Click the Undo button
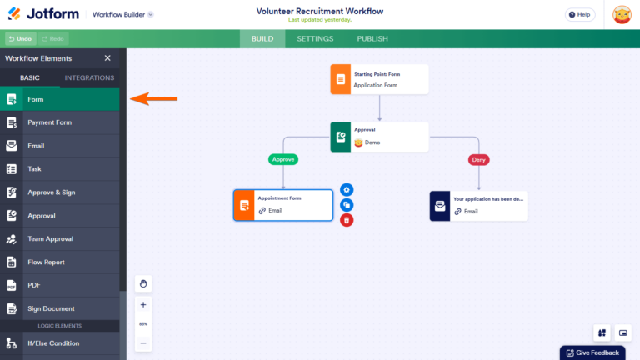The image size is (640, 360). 19,39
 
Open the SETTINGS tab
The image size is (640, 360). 315,39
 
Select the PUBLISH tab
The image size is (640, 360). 372,39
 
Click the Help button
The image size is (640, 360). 580,14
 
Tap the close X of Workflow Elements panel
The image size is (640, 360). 107,58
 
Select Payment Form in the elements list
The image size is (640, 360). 50,122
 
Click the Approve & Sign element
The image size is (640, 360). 52,192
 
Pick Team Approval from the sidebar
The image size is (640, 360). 50,239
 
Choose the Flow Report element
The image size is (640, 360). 47,262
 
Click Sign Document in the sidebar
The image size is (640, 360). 51,308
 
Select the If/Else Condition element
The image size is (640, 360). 53,342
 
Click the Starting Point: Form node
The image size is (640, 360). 379,79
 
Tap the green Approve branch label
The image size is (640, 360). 283,159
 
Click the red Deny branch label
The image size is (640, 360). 479,159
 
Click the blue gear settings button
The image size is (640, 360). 347,190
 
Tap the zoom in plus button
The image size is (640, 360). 143,305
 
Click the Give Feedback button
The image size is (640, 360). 592,352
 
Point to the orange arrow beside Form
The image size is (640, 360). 155,99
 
